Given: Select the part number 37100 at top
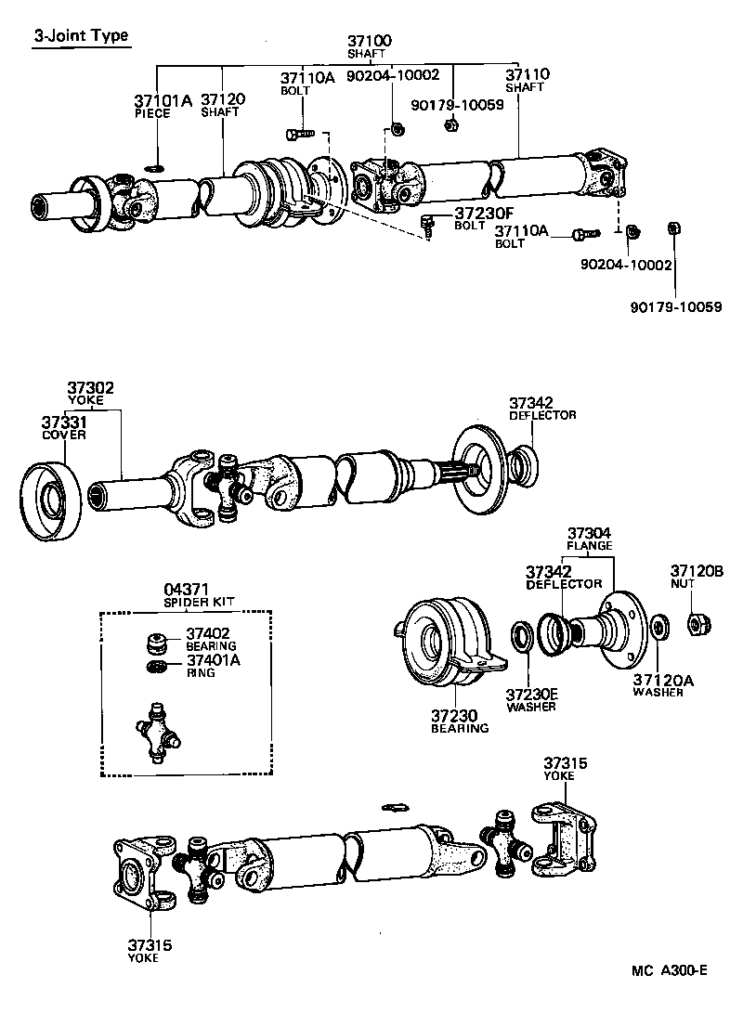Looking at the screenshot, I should (370, 45).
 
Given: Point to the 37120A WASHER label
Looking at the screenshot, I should (658, 685).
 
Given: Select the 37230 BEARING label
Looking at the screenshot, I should (459, 721).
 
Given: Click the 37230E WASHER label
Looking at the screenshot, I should (531, 699).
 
